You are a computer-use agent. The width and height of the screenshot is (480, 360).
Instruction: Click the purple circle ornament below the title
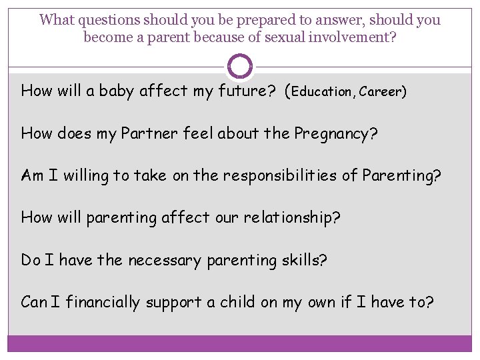pyautogui.click(x=240, y=66)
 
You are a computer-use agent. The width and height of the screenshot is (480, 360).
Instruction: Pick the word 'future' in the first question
pyautogui.click(x=243, y=91)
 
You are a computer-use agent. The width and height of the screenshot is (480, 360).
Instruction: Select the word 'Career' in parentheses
pyautogui.click(x=380, y=91)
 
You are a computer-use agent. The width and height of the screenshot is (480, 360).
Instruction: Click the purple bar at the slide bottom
pyautogui.click(x=240, y=343)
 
